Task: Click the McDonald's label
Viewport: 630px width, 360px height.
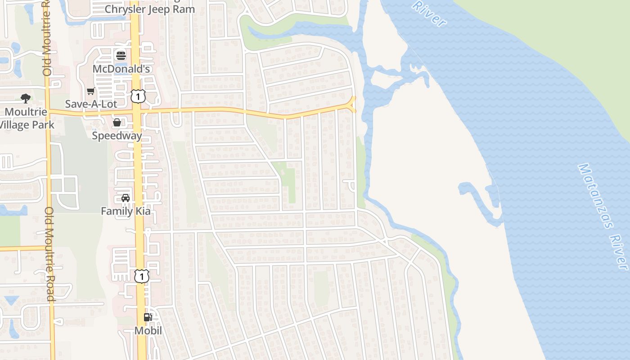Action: [x=121, y=69]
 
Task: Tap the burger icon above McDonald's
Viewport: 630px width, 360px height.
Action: [x=121, y=56]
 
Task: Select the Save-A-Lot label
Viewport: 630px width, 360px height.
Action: [x=91, y=104]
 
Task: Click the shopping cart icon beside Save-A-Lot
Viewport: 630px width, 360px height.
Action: [x=91, y=91]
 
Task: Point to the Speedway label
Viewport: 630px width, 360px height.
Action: [x=117, y=135]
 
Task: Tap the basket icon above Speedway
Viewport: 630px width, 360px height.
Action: [x=117, y=122]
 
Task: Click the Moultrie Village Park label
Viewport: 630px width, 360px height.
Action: [x=26, y=118]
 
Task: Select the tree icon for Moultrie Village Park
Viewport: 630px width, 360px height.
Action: [x=26, y=99]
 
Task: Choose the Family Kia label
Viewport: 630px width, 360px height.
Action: [x=126, y=211]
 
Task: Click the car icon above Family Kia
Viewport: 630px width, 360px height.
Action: [x=126, y=198]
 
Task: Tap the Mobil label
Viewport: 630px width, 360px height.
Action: [x=148, y=331]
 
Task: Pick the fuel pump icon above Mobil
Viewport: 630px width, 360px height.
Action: [x=148, y=317]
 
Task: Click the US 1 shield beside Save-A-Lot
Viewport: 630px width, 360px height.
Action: [x=138, y=95]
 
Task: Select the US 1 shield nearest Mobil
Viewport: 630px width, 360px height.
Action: [x=142, y=276]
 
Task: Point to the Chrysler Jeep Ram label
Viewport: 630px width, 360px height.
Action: [x=150, y=9]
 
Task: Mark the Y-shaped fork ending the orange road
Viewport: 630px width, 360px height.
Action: [x=352, y=104]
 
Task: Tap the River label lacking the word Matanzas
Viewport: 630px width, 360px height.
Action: [x=429, y=13]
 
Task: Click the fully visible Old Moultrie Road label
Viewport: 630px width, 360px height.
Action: [x=49, y=254]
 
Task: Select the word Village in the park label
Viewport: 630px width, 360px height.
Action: [x=22, y=125]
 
